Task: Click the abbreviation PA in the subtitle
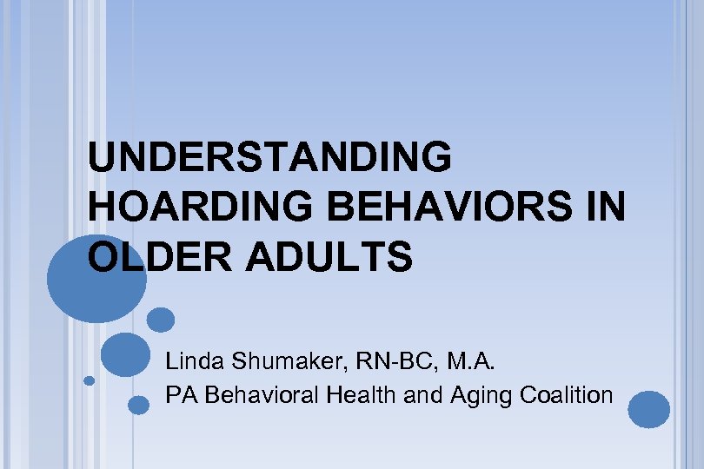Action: (179, 395)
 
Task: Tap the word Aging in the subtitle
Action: (481, 396)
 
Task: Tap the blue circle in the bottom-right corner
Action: (649, 409)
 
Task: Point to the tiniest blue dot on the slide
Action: (89, 380)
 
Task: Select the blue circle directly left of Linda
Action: (125, 354)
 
